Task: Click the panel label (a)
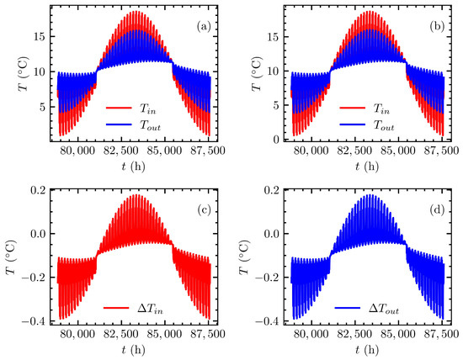tap(204, 26)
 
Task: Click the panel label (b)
tap(437, 26)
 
